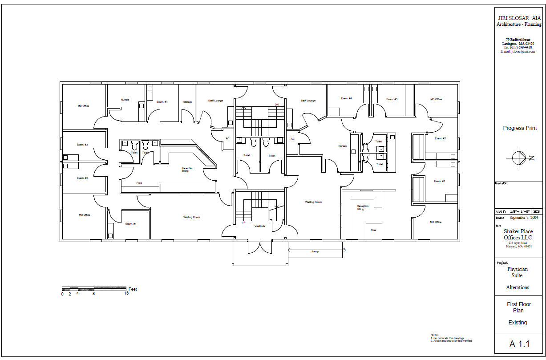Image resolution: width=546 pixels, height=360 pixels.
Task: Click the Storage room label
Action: click(x=188, y=102)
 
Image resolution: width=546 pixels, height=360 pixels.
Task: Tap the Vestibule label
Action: click(x=260, y=226)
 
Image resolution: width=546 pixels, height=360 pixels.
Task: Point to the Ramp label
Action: click(x=315, y=251)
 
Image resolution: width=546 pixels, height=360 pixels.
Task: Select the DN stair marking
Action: click(x=276, y=105)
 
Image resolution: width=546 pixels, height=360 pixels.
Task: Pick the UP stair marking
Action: click(x=243, y=222)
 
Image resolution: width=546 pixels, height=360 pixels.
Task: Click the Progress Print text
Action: click(x=520, y=128)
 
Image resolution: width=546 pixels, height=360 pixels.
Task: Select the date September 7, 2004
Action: click(x=524, y=218)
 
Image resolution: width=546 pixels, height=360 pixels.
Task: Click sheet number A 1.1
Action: click(x=519, y=344)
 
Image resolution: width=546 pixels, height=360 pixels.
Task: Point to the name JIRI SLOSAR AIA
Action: click(x=519, y=18)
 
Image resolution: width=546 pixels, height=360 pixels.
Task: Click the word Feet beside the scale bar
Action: click(x=133, y=289)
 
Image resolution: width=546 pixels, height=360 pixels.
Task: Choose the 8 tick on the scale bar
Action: click(x=93, y=294)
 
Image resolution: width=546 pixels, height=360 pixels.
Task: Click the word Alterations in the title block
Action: click(x=518, y=287)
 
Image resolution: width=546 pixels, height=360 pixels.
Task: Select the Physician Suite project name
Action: click(x=518, y=272)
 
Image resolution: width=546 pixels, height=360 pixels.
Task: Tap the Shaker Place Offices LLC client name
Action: click(x=518, y=235)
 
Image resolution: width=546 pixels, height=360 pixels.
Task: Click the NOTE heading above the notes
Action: click(x=434, y=335)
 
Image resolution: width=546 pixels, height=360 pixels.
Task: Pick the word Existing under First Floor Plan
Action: click(x=518, y=323)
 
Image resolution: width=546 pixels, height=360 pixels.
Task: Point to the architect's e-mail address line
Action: click(x=518, y=51)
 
